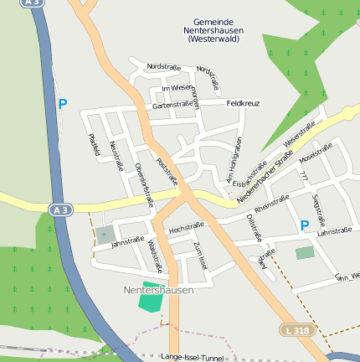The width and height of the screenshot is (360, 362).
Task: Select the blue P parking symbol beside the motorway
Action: [x=62, y=105]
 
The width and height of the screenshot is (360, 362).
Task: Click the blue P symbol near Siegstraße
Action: [x=305, y=225]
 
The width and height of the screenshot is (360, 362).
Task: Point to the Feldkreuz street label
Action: [x=243, y=103]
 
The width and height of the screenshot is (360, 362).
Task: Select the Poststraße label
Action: [x=167, y=172]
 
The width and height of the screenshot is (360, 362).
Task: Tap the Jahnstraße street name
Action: [x=128, y=242]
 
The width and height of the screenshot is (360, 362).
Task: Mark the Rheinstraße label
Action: [x=271, y=203]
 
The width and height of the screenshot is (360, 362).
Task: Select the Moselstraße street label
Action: [x=316, y=156]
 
